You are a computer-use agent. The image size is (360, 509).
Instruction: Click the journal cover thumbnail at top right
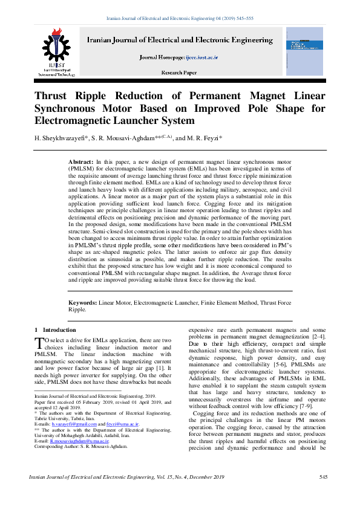304,51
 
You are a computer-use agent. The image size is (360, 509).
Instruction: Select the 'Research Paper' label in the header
179,73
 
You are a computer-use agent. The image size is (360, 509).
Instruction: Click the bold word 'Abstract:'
81,163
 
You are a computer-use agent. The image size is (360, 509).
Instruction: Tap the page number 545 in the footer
323,478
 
